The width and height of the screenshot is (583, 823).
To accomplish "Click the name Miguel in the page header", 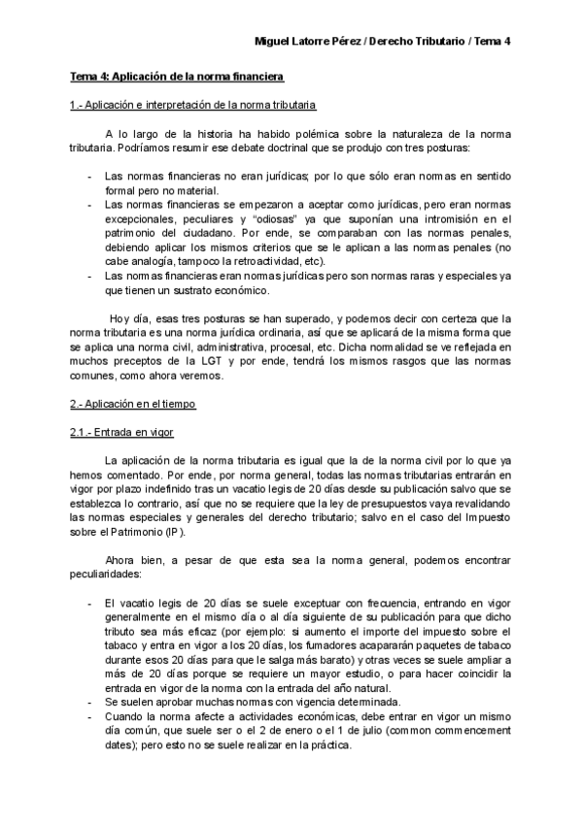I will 271,42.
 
